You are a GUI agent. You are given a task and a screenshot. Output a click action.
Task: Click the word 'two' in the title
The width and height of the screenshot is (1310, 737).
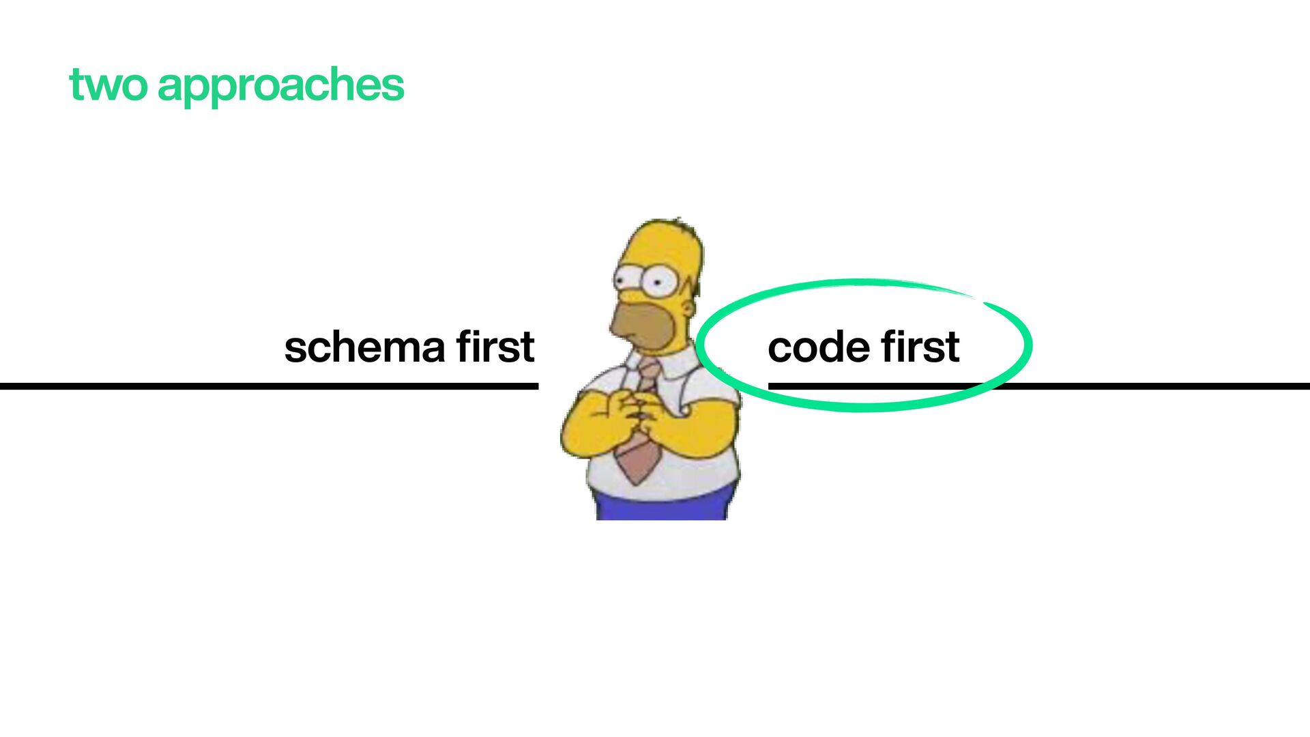pyautogui.click(x=108, y=86)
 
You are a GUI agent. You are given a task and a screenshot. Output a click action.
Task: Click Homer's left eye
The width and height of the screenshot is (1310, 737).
pyautogui.click(x=626, y=279)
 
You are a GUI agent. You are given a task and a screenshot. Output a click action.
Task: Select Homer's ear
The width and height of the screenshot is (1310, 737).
pyautogui.click(x=688, y=308)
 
